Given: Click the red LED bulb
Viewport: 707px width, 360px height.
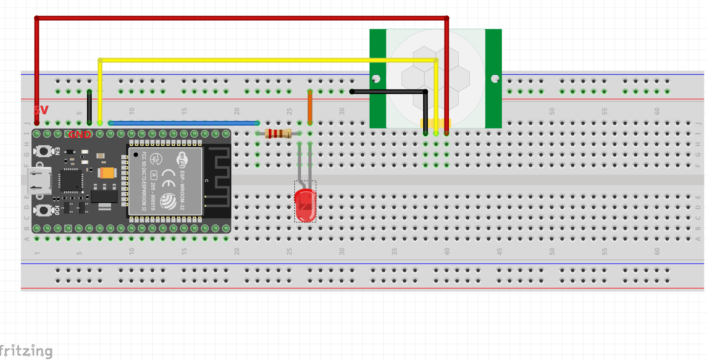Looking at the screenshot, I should (305, 205).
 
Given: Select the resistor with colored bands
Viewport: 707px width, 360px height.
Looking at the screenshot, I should (278, 133).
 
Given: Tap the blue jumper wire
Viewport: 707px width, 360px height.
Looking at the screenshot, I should (184, 123).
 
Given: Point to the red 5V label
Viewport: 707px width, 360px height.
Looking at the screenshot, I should (41, 110).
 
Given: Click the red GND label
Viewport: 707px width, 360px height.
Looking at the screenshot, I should (80, 134).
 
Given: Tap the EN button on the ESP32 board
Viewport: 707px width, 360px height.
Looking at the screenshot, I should (44, 151).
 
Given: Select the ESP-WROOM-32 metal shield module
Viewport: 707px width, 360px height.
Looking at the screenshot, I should (165, 181).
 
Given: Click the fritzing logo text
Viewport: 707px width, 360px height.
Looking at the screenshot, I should (26, 351).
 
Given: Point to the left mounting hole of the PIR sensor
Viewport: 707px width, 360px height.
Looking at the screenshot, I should (376, 79).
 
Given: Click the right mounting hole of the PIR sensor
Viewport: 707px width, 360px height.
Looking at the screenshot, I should (495, 79).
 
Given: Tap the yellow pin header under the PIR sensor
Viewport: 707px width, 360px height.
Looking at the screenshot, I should (436, 123).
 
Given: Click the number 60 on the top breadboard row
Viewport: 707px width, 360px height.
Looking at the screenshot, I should (657, 111).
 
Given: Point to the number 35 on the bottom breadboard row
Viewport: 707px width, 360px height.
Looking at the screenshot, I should (394, 251).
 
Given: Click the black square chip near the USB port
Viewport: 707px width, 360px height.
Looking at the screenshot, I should (71, 180).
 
